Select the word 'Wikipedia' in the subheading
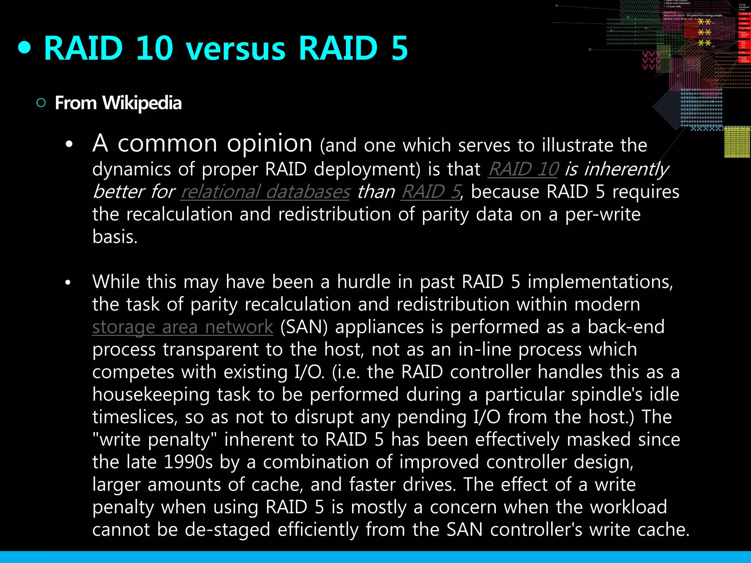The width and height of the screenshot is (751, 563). (x=142, y=103)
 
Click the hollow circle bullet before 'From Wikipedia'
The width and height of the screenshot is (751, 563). (x=41, y=103)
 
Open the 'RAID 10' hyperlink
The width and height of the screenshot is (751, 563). (x=523, y=169)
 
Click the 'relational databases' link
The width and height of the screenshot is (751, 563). (x=265, y=192)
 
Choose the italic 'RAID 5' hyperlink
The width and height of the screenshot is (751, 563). (x=431, y=192)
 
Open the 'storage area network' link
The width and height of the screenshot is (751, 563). (x=183, y=327)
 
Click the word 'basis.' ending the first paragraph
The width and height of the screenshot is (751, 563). (x=115, y=237)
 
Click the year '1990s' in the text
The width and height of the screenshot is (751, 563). (x=188, y=462)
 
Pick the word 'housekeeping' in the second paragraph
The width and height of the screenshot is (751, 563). (x=151, y=395)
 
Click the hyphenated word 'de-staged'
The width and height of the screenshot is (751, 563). (x=227, y=530)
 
